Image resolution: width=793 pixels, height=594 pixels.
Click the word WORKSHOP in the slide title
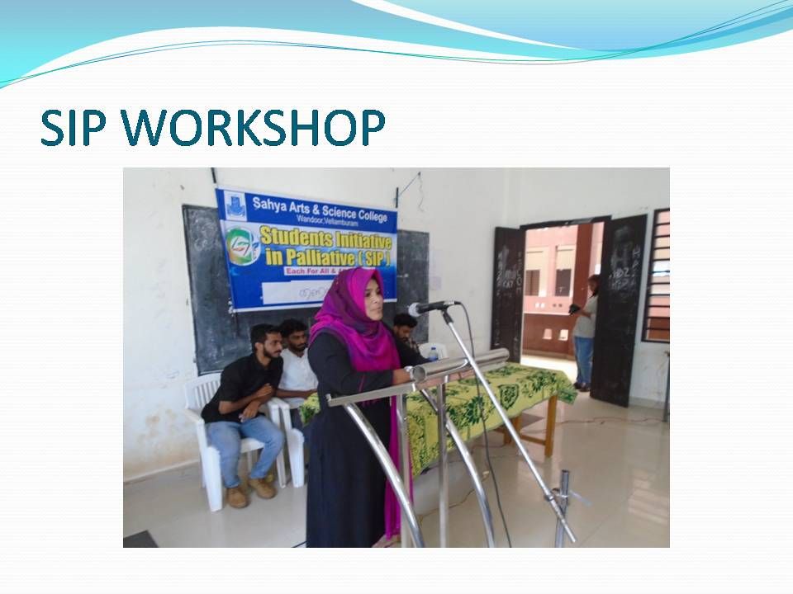coord(258,128)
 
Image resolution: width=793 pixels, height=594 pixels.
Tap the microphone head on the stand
coord(424,309)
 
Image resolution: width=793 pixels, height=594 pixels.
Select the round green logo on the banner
coord(241,246)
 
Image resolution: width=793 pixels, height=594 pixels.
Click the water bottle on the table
coord(433,354)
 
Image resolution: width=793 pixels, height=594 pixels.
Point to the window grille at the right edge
coord(657,276)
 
